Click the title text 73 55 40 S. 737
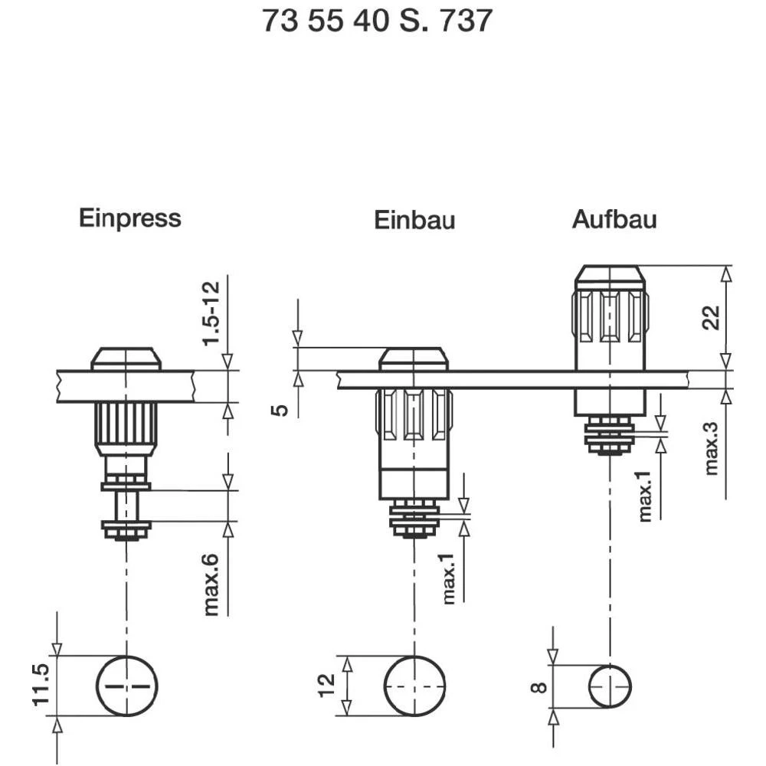[x=377, y=21]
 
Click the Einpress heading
[x=129, y=218]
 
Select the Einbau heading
[x=414, y=221]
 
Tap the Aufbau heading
[x=614, y=220]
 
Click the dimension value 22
[x=711, y=317]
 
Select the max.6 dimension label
[x=212, y=584]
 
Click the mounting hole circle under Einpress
[x=126, y=686]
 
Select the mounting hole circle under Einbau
[x=414, y=686]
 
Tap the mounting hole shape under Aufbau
[x=609, y=686]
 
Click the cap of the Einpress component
[x=126, y=359]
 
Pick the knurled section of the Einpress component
[x=126, y=427]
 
